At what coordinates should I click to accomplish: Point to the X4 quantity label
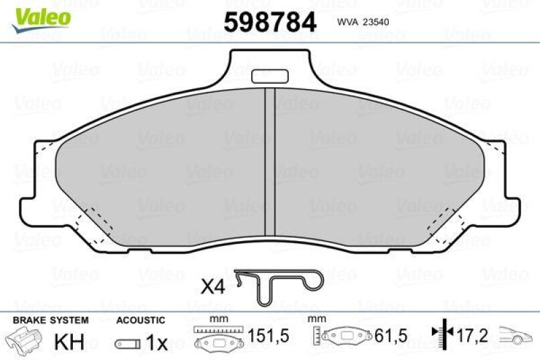click(x=213, y=286)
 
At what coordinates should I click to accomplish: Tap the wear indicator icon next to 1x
click(x=128, y=343)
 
